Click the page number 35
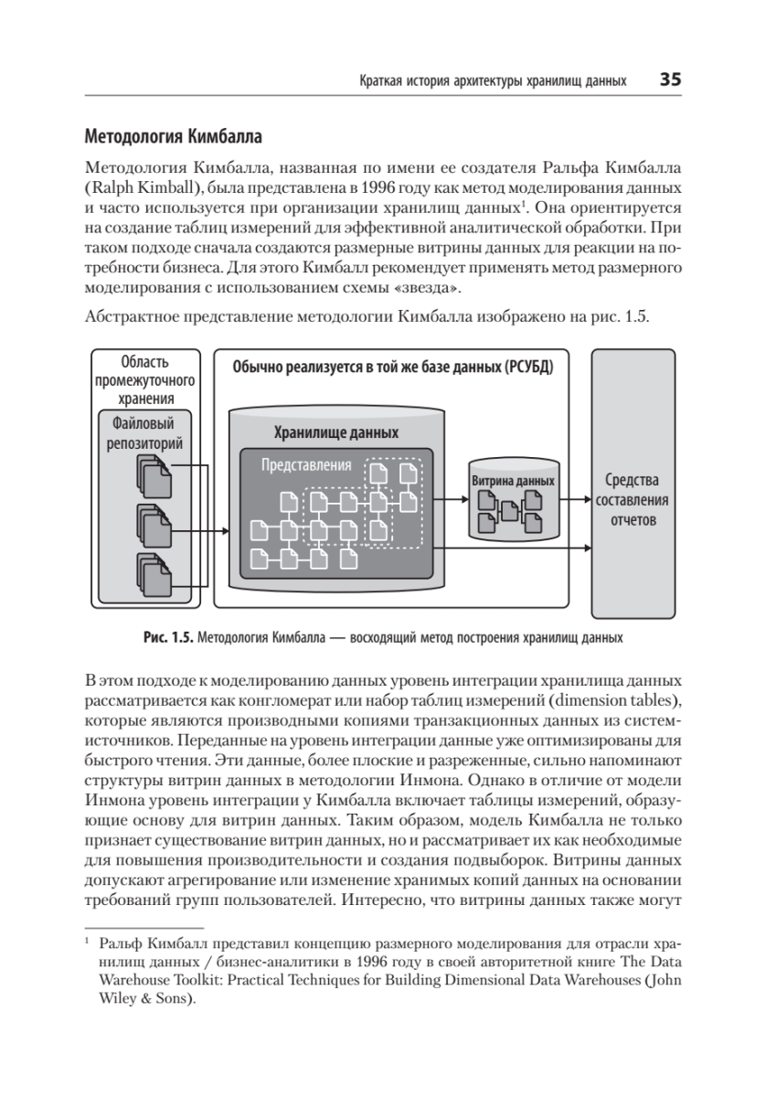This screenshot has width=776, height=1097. point(670,80)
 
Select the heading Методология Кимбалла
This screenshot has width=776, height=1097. point(173,138)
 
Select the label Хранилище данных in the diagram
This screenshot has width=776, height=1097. point(336,432)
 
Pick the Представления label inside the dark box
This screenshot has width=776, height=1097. point(306,464)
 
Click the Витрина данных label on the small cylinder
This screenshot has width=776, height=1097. point(513,481)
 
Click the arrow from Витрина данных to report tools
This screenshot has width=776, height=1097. point(572,500)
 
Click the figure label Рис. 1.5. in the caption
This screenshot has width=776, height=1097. point(167,637)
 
